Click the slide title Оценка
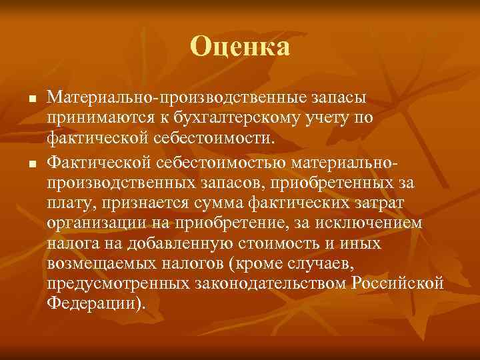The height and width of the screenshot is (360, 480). pos(240,47)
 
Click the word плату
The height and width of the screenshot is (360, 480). pos(67,201)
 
